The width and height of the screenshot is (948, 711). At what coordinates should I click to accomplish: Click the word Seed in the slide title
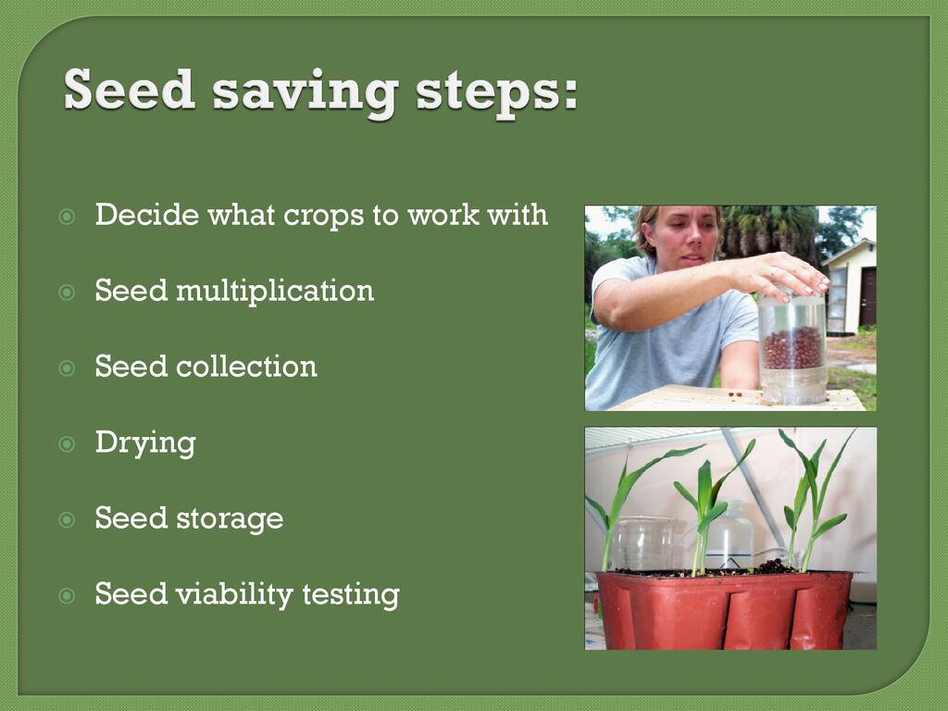click(x=130, y=90)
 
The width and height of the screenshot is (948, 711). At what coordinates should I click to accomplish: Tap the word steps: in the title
click(x=496, y=94)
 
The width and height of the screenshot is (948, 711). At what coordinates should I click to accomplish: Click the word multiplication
click(x=275, y=291)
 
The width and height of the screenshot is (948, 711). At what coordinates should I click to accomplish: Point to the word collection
click(x=246, y=367)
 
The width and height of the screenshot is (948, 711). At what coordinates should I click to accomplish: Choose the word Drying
click(x=145, y=443)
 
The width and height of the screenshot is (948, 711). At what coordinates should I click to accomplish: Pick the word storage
click(x=230, y=519)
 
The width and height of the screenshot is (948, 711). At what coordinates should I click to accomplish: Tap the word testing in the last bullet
click(x=351, y=595)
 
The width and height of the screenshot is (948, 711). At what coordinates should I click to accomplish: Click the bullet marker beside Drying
click(x=67, y=444)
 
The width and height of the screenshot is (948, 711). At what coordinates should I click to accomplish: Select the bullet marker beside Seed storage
click(x=67, y=520)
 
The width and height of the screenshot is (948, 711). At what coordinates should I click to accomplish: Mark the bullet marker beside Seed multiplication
click(x=67, y=293)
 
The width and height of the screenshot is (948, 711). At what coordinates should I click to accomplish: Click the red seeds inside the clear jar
click(x=792, y=348)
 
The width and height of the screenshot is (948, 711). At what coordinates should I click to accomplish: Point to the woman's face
click(x=686, y=232)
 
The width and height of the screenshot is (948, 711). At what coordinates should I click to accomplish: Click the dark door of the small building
click(x=868, y=296)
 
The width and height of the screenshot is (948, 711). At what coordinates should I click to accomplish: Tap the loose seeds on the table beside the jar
click(x=735, y=394)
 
